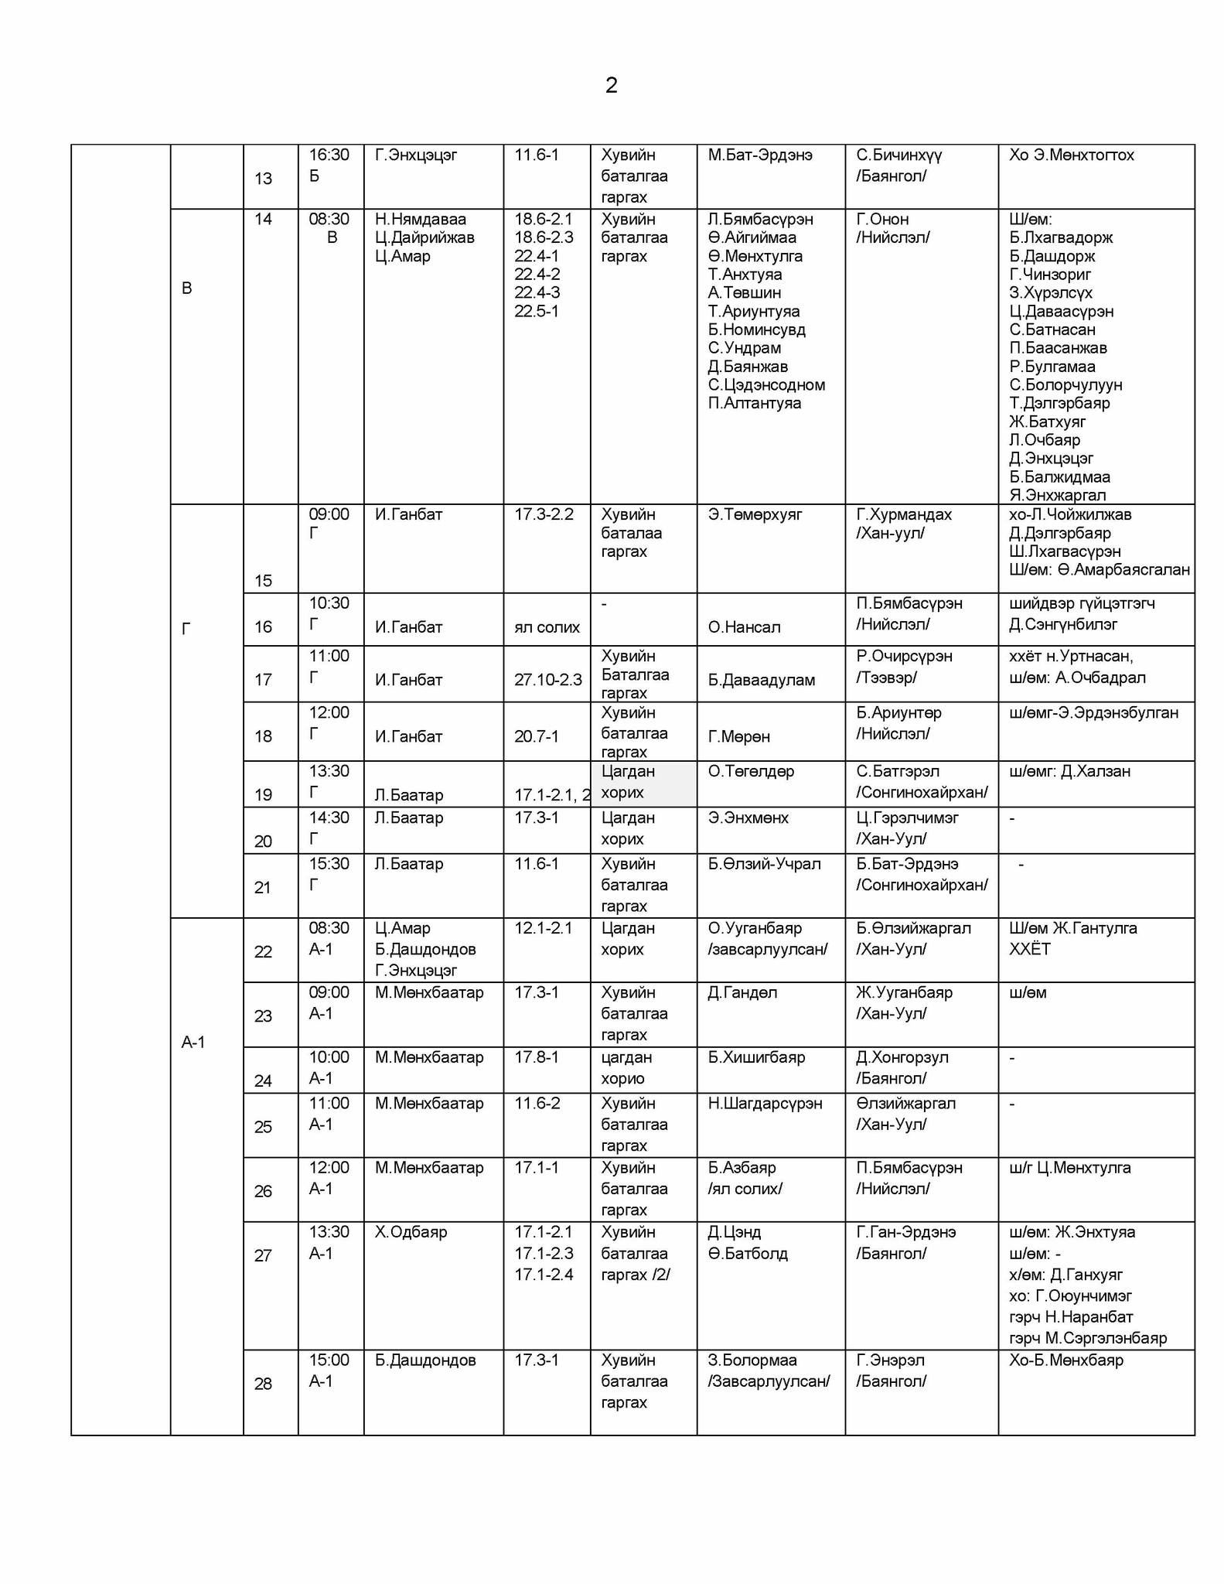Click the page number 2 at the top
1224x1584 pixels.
click(x=611, y=85)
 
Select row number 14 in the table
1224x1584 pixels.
click(x=263, y=220)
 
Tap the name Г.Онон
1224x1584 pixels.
click(x=882, y=220)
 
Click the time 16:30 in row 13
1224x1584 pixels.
click(x=329, y=155)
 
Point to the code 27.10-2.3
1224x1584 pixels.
click(x=547, y=681)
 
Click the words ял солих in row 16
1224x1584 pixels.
click(x=547, y=627)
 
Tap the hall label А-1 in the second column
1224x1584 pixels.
click(x=193, y=1043)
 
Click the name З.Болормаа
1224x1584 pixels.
click(x=752, y=1360)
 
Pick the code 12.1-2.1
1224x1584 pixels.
click(x=544, y=928)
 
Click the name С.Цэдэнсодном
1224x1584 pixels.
click(x=766, y=385)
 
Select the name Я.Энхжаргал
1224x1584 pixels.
click(x=1057, y=496)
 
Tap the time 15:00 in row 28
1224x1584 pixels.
click(x=329, y=1360)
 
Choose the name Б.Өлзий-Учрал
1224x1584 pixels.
click(x=764, y=864)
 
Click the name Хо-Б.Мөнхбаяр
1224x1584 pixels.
click(x=1065, y=1360)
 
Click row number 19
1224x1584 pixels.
click(x=263, y=795)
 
